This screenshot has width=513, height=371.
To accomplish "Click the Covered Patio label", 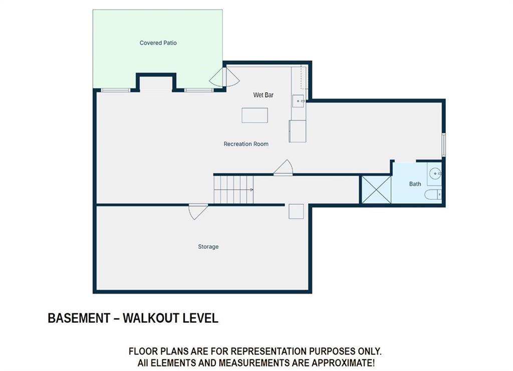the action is point(158,43).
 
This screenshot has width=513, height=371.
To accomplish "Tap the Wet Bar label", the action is point(263,95).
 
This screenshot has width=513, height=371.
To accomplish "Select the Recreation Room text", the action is point(246,144).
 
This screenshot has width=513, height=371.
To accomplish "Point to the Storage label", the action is point(208,246).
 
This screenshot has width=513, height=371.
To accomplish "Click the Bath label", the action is point(415,184).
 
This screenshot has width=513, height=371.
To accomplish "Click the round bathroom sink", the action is point(435,173).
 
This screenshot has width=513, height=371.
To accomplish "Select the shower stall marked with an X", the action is point(376,189).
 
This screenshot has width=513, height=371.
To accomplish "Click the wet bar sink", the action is point(299,101).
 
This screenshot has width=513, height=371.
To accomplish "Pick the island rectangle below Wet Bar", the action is point(254,115).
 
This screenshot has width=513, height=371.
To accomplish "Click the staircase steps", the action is point(233,189).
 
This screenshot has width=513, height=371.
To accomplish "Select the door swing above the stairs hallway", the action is point(284,167).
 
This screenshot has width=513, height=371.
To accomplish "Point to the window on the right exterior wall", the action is point(443,145).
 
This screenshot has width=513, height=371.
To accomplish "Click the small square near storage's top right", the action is point(296,211).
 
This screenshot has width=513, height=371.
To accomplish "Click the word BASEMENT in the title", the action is point(79,318).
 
